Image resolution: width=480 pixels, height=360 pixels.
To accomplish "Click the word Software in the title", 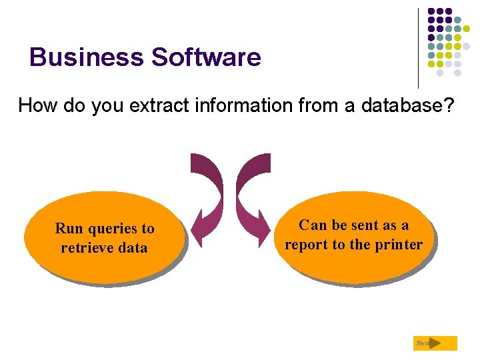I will (206, 57).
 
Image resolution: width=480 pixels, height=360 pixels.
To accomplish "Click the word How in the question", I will (35, 105).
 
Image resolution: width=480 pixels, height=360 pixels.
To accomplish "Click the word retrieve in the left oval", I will (85, 248).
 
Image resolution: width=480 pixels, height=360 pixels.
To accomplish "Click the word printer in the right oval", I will (398, 245).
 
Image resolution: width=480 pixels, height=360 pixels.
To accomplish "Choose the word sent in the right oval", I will (364, 225).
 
